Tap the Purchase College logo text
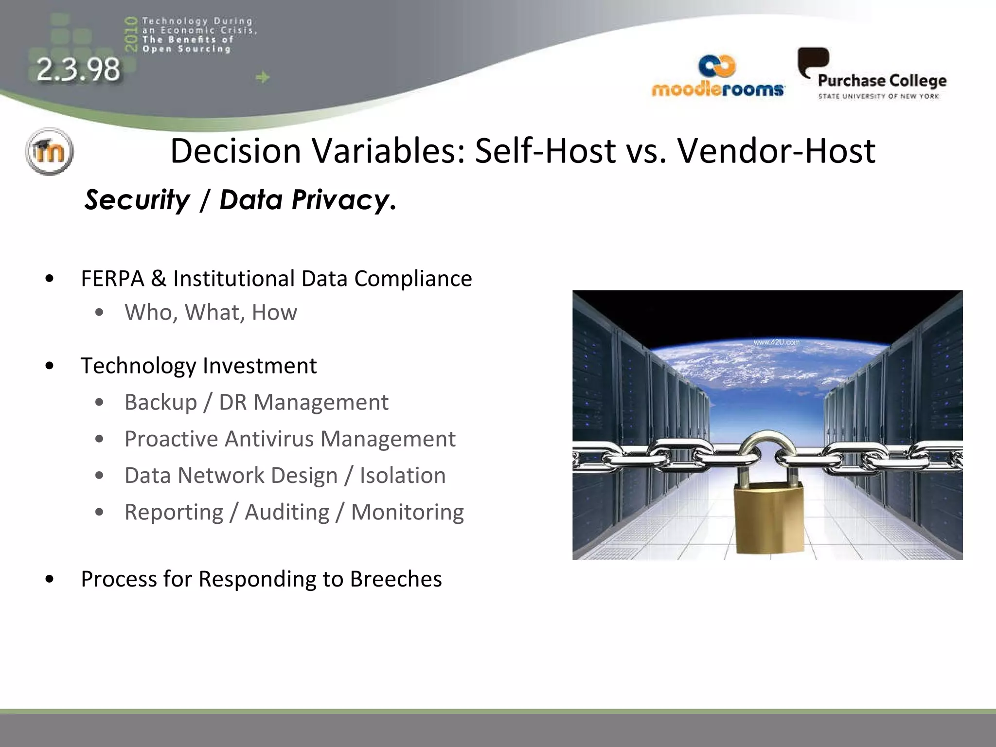[x=882, y=81]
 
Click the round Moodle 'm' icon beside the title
[x=49, y=151]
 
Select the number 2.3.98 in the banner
[x=78, y=69]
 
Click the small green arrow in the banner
[x=263, y=77]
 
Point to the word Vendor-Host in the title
[x=776, y=151]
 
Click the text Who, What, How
[x=211, y=312]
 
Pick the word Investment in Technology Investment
[x=260, y=366]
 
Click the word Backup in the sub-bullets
[x=160, y=403]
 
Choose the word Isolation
[x=402, y=476]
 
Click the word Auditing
[x=287, y=512]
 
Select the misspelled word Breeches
[x=395, y=579]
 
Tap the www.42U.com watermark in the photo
[x=776, y=342]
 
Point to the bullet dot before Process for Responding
[x=49, y=579]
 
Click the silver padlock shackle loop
[x=767, y=445]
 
